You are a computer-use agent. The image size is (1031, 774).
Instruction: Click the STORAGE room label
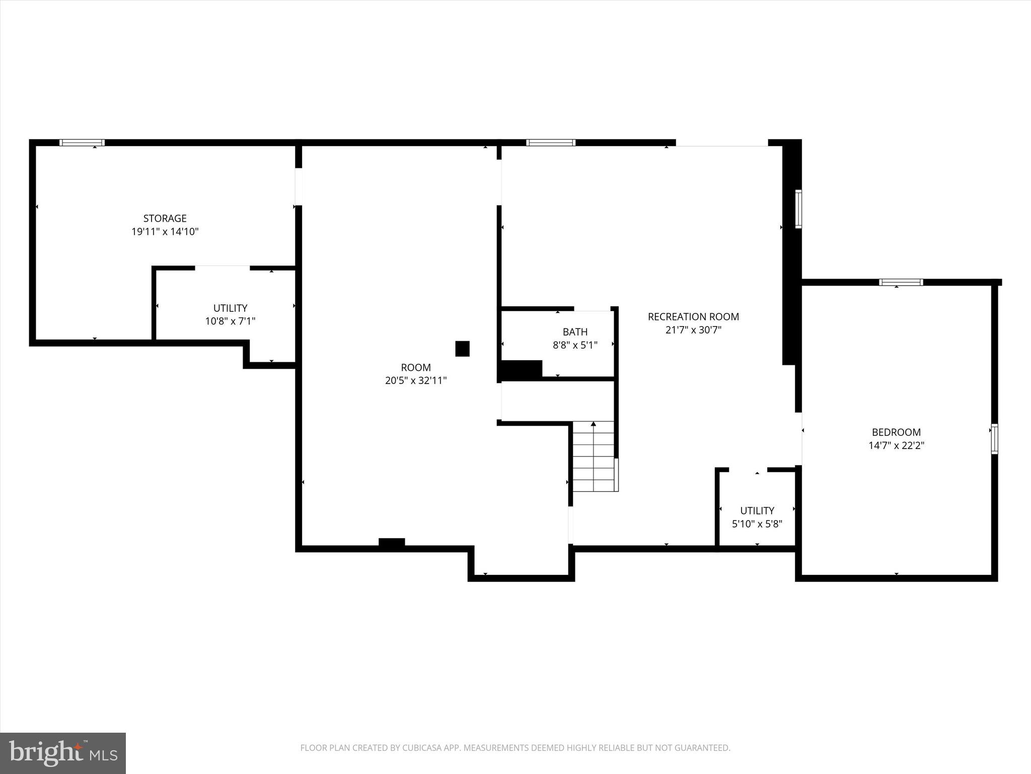tap(165, 218)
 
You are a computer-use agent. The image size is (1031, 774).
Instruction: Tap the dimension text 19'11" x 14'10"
tap(165, 232)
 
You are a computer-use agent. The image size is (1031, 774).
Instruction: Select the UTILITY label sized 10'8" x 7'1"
tap(230, 308)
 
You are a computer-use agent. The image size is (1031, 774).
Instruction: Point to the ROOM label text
tap(416, 367)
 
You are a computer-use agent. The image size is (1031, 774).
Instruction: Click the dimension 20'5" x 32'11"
tap(416, 380)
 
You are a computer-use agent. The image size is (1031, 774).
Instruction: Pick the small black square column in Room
tap(462, 349)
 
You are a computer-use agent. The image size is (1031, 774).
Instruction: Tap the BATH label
tap(575, 332)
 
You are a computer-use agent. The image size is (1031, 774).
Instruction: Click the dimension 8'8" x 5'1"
tap(575, 345)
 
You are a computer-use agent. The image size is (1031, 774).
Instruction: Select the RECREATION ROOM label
tap(693, 316)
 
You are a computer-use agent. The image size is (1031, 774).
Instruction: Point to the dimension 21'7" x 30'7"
tap(693, 330)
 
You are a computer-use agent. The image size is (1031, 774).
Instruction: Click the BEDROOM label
tap(896, 432)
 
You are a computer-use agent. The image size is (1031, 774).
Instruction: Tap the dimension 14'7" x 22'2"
tap(896, 445)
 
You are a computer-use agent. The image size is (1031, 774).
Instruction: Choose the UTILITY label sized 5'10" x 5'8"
tap(757, 510)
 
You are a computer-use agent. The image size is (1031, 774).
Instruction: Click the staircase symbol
tap(594, 457)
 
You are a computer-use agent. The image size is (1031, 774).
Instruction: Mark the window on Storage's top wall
tap(82, 143)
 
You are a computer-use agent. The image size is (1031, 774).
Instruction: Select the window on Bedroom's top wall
tap(901, 282)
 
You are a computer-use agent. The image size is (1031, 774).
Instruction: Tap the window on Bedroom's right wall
tap(994, 439)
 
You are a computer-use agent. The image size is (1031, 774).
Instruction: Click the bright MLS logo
tap(63, 753)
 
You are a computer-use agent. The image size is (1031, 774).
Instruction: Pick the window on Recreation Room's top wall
tap(550, 143)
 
